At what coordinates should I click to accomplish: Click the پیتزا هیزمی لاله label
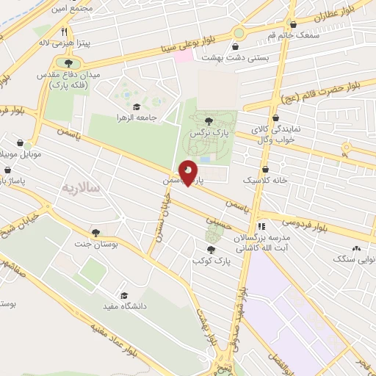[65, 43]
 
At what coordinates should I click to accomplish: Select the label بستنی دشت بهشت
[277, 56]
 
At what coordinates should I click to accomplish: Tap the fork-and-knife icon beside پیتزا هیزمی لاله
[65, 32]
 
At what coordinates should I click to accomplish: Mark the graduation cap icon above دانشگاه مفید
[123, 294]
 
